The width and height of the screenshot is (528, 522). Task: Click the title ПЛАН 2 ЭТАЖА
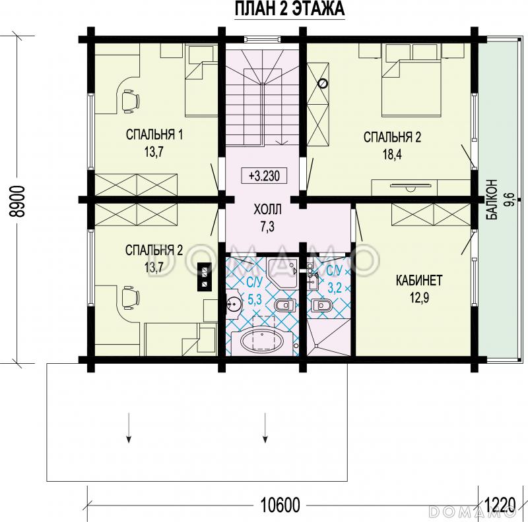[x=289, y=9]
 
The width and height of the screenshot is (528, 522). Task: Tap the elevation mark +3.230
[x=264, y=176]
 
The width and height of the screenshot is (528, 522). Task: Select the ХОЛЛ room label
[x=267, y=210]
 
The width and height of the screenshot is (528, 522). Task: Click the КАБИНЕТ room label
[x=419, y=281]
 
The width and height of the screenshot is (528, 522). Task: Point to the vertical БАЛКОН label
[x=492, y=200]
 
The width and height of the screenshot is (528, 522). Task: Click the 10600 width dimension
[x=280, y=505]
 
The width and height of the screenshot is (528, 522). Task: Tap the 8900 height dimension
[x=16, y=201]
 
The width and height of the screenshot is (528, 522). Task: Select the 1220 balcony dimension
[x=500, y=504]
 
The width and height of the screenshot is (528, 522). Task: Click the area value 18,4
[x=392, y=155]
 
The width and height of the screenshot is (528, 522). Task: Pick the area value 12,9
[x=419, y=298]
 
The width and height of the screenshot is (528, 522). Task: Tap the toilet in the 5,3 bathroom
[x=285, y=305]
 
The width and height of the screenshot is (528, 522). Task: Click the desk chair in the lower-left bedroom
[x=130, y=297]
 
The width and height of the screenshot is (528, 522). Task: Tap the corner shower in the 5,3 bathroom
[x=282, y=273]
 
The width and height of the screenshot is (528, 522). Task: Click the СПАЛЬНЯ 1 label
[x=154, y=135]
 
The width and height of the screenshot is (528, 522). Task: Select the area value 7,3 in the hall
[x=267, y=227]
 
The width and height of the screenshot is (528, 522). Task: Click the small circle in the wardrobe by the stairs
[x=323, y=83]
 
